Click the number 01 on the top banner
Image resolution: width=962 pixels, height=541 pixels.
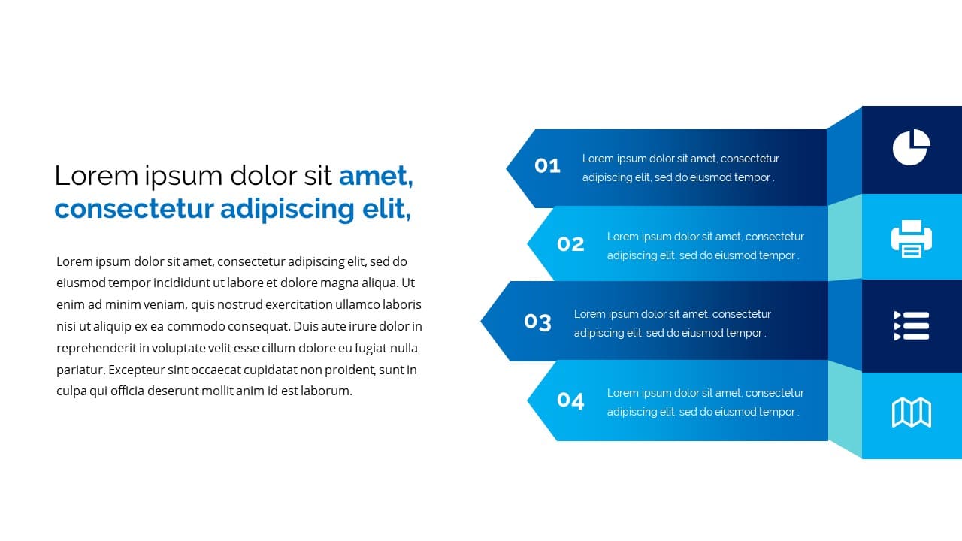pyautogui.click(x=547, y=165)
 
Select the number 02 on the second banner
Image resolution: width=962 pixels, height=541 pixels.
pyautogui.click(x=570, y=244)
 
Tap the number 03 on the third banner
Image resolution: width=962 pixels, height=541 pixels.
pyautogui.click(x=537, y=322)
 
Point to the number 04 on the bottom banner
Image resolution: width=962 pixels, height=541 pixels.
pyautogui.click(x=570, y=400)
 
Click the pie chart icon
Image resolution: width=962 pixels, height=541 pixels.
pyautogui.click(x=912, y=147)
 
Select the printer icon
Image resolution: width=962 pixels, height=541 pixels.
pyautogui.click(x=912, y=239)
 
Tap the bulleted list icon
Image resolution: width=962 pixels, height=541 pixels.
pyautogui.click(x=912, y=326)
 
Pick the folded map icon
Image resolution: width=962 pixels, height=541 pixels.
pyautogui.click(x=912, y=413)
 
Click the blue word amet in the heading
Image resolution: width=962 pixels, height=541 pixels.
pyautogui.click(x=376, y=176)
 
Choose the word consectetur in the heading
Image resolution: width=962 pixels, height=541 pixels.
pyautogui.click(x=134, y=209)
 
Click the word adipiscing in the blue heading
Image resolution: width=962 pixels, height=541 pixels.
pyautogui.click(x=287, y=210)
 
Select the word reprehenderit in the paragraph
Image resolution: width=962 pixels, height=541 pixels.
pyautogui.click(x=96, y=348)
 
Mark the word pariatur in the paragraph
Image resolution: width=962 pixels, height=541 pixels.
pyautogui.click(x=80, y=370)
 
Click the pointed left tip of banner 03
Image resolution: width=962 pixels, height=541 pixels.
pyautogui.click(x=480, y=321)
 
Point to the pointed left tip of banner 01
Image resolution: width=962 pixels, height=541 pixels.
pyautogui.click(x=507, y=168)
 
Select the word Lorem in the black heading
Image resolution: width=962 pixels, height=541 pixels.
pyautogui.click(x=96, y=176)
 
